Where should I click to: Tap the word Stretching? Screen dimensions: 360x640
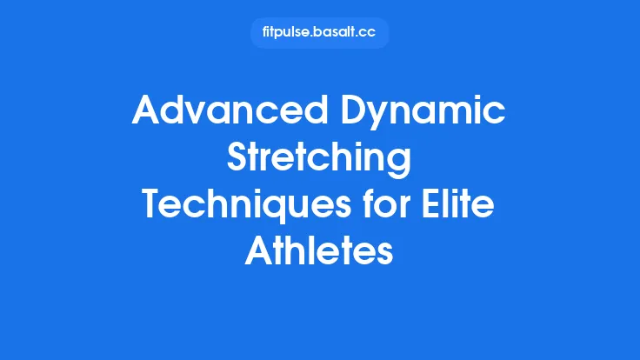[319, 161]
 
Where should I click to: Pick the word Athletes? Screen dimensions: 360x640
[319, 253]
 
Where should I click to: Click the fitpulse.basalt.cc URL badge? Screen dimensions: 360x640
[319, 33]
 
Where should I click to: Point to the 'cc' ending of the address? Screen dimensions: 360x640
[369, 33]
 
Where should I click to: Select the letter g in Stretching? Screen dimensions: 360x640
[399, 165]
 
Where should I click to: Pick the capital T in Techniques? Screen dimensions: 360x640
[153, 207]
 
